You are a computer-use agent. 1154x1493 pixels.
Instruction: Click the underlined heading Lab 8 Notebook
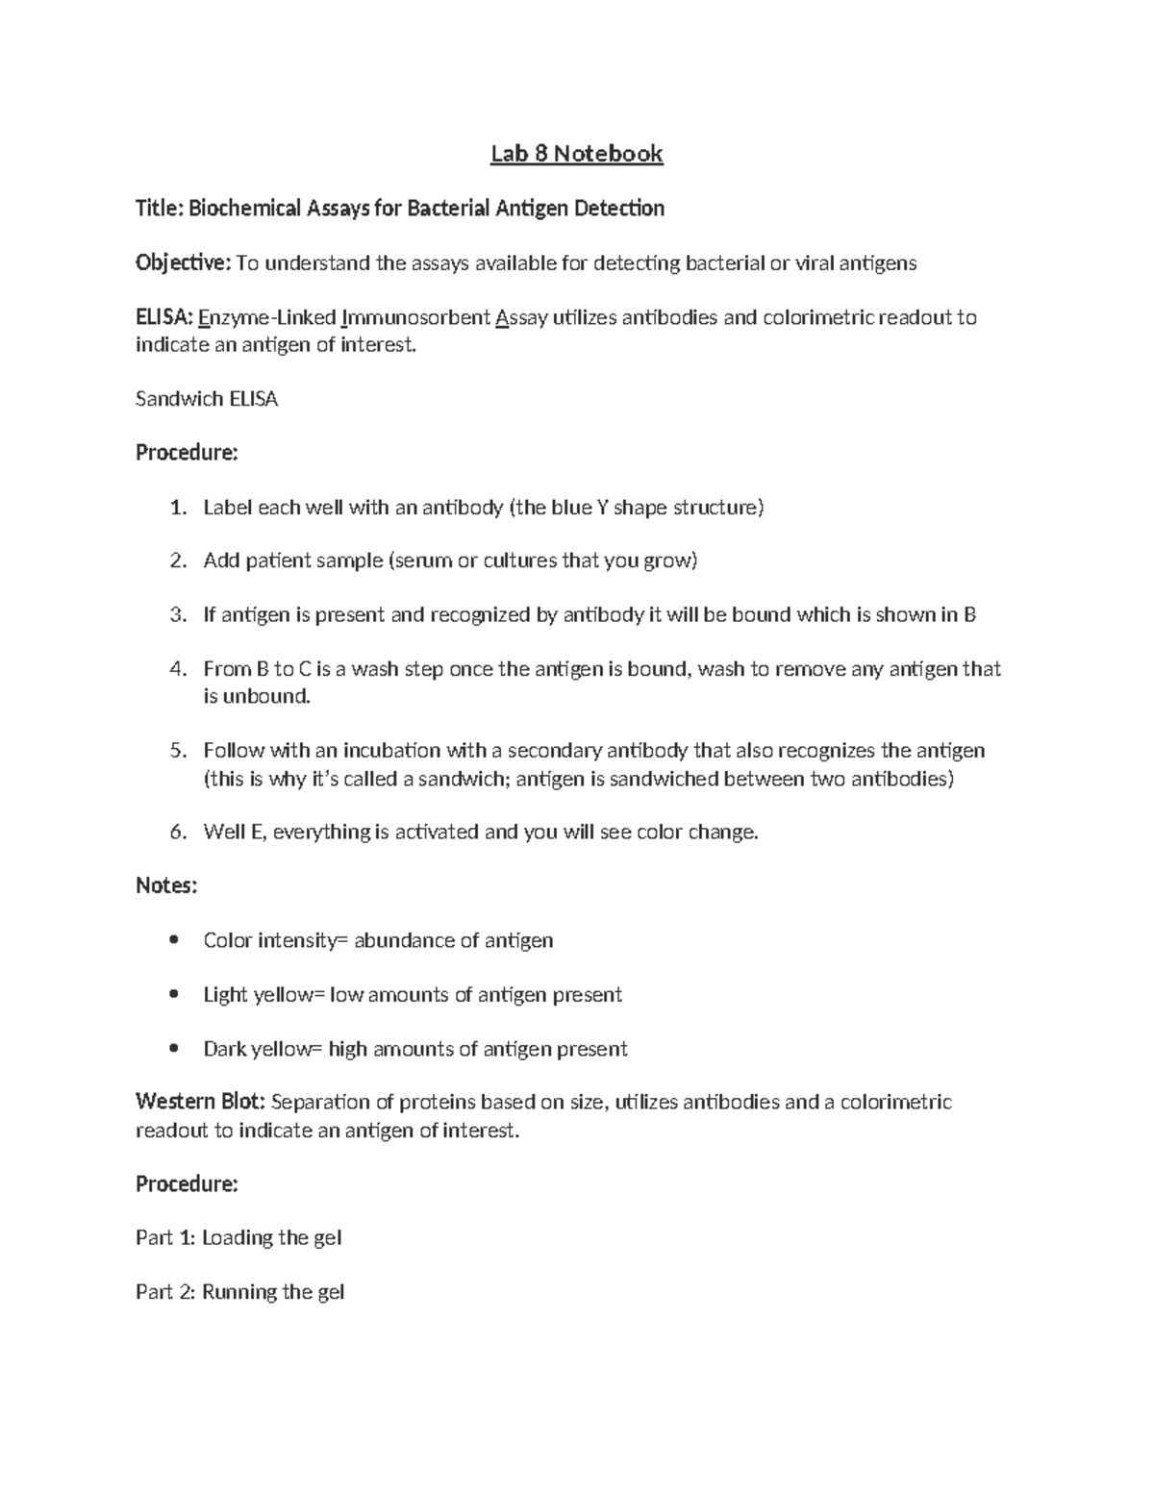click(576, 154)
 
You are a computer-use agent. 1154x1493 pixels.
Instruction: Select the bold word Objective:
click(183, 263)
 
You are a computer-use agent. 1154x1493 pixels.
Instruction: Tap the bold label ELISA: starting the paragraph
click(164, 317)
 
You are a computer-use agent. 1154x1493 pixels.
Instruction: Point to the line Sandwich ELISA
click(207, 399)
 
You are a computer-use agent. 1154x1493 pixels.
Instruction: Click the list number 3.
click(176, 615)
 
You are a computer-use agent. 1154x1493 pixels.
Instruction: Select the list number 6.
click(176, 833)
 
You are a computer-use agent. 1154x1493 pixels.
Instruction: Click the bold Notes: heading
click(166, 886)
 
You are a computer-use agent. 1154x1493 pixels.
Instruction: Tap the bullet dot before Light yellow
click(173, 994)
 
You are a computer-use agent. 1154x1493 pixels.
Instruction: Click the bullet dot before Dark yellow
click(173, 1049)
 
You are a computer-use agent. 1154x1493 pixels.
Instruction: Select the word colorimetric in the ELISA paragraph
click(817, 317)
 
